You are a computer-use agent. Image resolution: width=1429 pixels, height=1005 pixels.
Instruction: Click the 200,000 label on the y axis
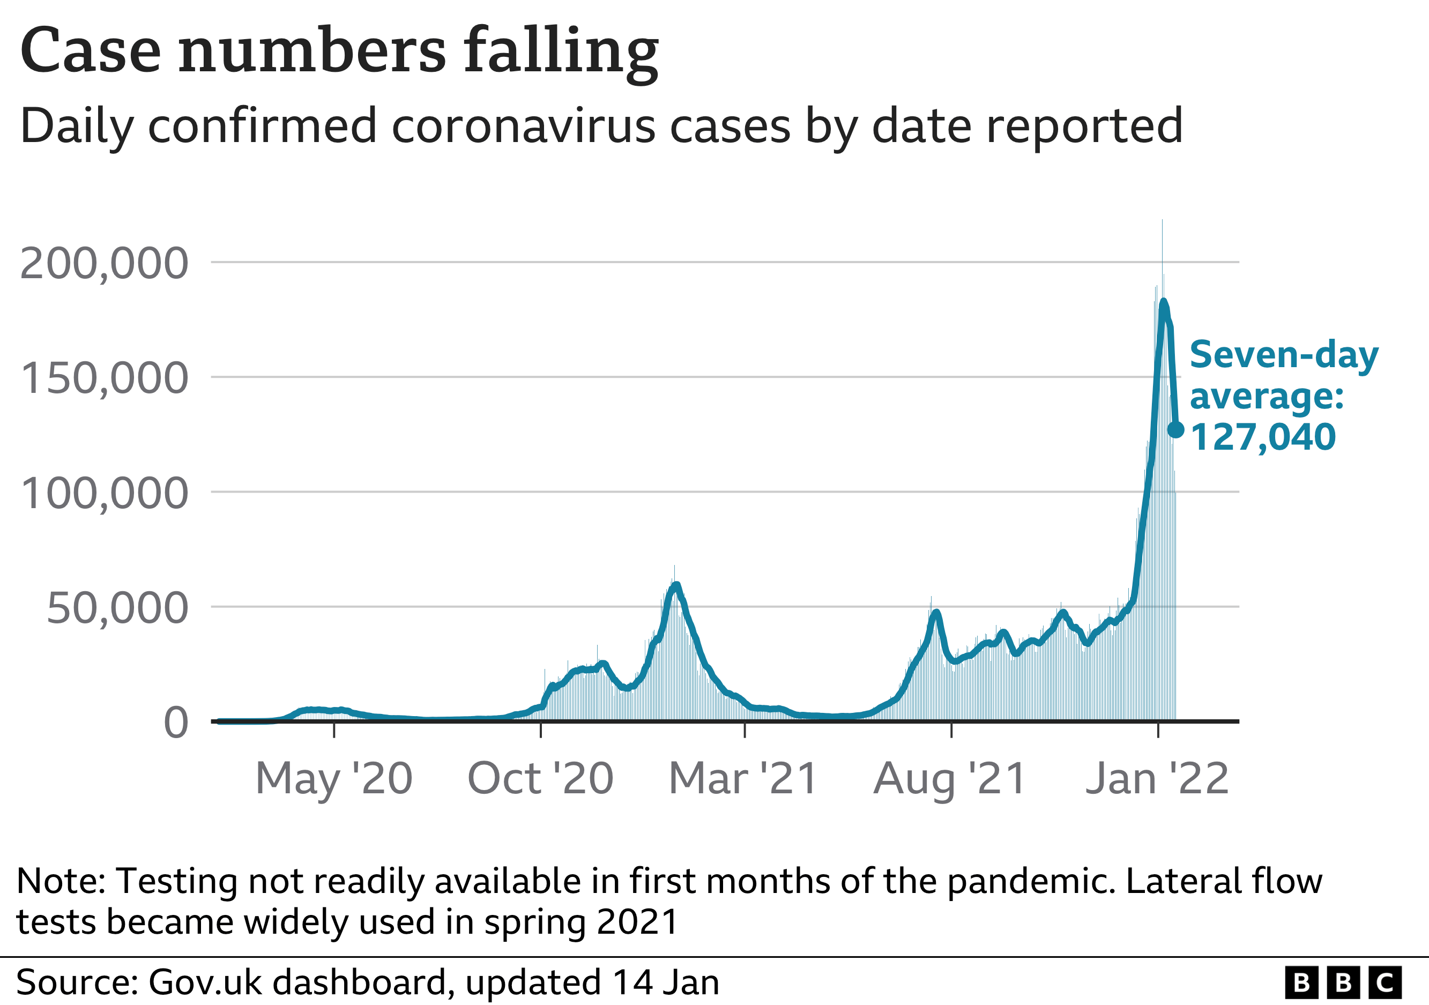click(104, 263)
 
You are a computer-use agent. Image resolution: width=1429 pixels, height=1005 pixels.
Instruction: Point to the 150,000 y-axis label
click(104, 378)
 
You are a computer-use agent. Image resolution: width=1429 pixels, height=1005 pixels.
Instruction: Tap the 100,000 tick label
click(104, 494)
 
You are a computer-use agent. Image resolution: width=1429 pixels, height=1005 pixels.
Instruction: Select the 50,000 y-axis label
click(117, 608)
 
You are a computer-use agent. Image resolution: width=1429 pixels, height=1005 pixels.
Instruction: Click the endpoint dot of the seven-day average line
click(1175, 429)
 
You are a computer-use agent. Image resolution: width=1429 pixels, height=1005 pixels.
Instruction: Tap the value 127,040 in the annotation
click(1262, 437)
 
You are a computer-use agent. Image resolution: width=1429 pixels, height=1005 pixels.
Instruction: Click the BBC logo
click(1343, 982)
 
